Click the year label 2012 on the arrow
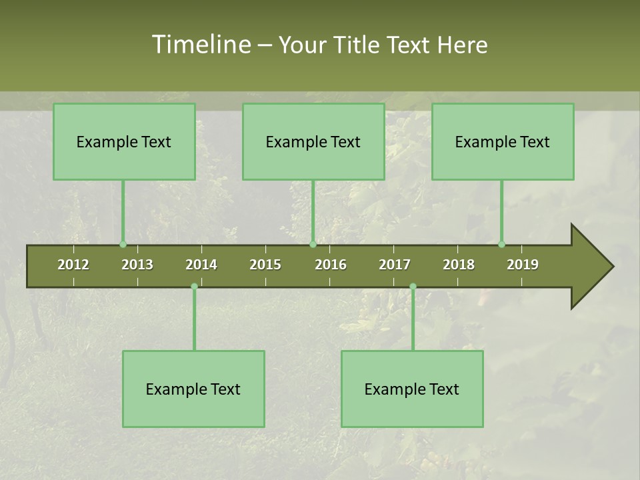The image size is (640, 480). point(73,265)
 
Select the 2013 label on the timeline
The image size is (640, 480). point(137,265)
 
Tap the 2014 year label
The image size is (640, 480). point(201,265)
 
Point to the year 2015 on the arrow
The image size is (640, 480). point(265,265)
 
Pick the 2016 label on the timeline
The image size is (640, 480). point(331,265)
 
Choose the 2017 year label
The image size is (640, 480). point(395,265)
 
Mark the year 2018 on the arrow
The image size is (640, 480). point(459,265)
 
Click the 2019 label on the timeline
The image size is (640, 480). point(523,265)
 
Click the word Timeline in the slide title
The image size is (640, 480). point(200,45)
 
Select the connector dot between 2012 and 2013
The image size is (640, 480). point(123,244)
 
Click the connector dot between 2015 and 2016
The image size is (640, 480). point(313,244)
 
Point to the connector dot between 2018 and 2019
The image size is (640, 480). point(501,244)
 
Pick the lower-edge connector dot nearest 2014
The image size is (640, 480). point(194,287)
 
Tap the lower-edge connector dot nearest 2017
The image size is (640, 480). point(413,287)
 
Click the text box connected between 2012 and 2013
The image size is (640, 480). point(124,141)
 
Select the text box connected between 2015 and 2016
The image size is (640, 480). point(313,141)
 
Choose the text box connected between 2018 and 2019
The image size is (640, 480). point(503,141)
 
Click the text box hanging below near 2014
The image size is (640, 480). point(193,389)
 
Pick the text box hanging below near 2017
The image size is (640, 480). point(412,389)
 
